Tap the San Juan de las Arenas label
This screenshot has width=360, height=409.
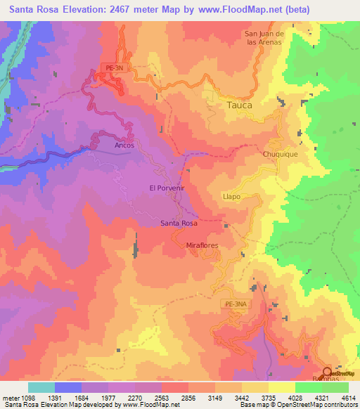[x=263, y=37]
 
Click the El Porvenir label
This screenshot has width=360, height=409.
[x=167, y=188]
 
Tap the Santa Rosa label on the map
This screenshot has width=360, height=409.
[x=179, y=222]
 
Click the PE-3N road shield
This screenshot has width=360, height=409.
[x=112, y=67]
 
